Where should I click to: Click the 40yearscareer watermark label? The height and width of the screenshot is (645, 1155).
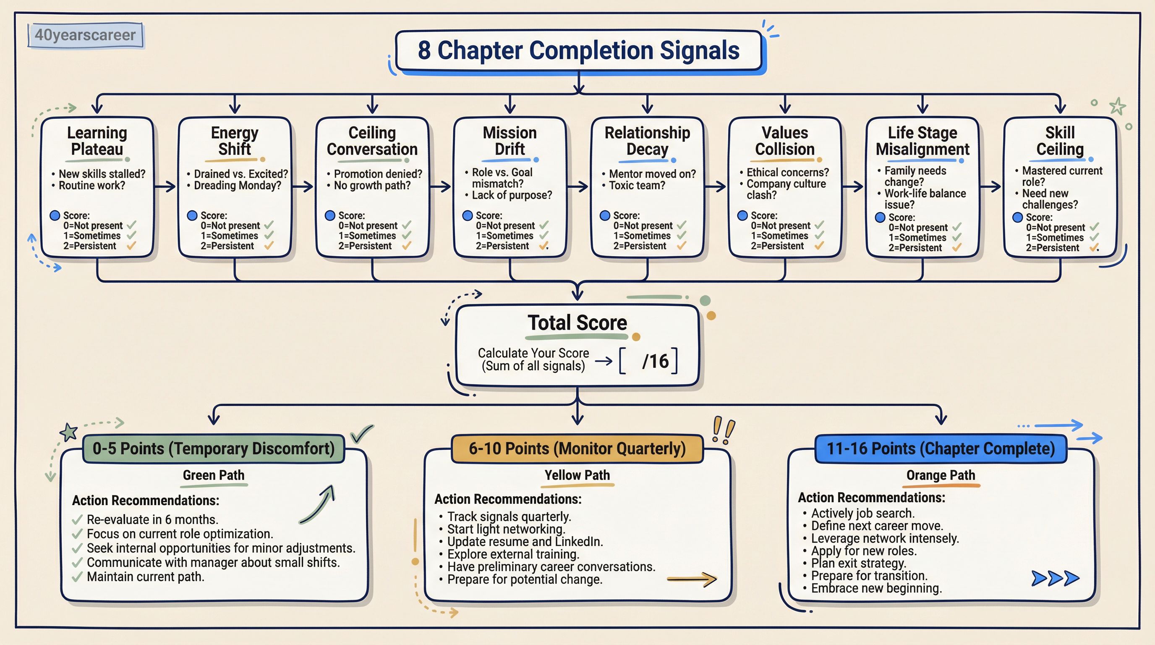pos(85,35)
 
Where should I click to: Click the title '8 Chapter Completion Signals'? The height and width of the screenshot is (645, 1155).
pos(578,50)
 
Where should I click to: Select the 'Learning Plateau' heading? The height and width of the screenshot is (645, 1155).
pos(97,141)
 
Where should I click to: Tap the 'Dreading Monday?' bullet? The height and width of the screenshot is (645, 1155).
pos(237,186)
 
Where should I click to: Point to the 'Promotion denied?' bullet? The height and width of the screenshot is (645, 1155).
pos(378,174)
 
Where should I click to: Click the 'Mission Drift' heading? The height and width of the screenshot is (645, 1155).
pos(510,141)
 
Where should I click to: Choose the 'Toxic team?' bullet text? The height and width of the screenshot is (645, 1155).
pos(637,186)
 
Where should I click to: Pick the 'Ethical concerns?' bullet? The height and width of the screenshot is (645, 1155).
pos(787,173)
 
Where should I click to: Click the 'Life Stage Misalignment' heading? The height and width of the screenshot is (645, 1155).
pos(922,141)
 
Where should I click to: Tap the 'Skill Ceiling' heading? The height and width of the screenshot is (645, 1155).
pos(1060,141)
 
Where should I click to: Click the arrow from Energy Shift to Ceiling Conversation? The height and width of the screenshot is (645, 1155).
pos(303,186)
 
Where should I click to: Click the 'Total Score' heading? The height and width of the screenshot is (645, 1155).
pos(577,323)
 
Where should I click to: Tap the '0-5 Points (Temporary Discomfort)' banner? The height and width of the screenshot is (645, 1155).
pos(214,448)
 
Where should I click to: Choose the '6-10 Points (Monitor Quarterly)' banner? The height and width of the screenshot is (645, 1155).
pos(577,448)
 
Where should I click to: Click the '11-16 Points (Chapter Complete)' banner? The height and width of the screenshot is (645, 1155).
pos(941,448)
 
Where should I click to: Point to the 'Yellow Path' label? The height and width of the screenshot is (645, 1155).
pos(577,475)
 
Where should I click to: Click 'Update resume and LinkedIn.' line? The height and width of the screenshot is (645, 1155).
pos(525,542)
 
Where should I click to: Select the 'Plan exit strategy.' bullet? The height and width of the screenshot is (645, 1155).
pos(859,564)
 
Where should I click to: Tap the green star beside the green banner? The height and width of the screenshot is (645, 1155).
pos(69,432)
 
